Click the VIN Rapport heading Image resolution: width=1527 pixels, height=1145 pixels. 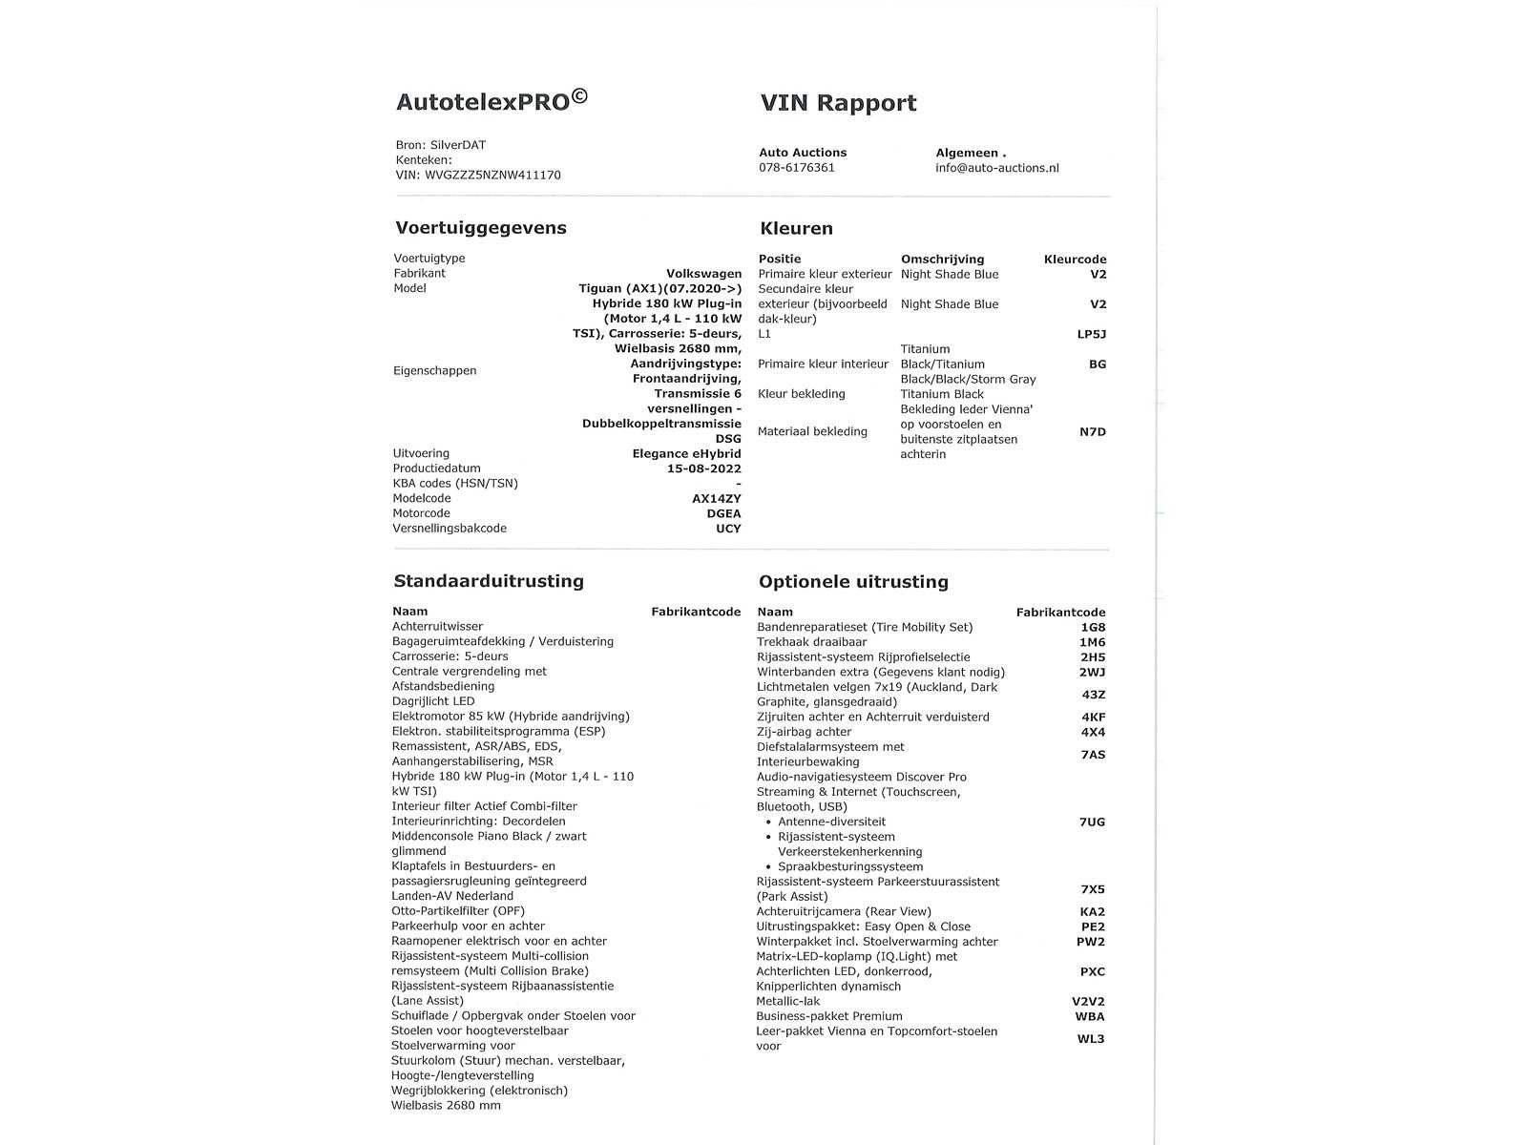click(x=838, y=103)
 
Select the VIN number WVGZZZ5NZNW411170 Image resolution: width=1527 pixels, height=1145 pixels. click(x=492, y=176)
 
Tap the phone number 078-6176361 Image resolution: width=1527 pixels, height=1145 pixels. click(x=797, y=168)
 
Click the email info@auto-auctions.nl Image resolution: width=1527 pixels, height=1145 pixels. click(x=996, y=168)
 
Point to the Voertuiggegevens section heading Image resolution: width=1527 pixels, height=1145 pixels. click(x=481, y=228)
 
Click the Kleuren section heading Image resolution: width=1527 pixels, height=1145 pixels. click(x=796, y=229)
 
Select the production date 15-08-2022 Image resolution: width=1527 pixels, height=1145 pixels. click(x=703, y=468)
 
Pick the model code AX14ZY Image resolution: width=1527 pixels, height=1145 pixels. click(x=716, y=499)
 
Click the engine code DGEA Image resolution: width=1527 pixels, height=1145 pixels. click(x=723, y=513)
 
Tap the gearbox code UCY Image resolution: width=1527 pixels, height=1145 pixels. click(x=728, y=529)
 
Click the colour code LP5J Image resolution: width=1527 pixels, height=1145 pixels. click(x=1091, y=334)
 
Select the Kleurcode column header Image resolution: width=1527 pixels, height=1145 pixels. click(x=1075, y=260)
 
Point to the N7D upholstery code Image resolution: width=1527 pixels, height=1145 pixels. click(x=1092, y=432)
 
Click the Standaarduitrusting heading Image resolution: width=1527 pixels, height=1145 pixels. click(x=488, y=581)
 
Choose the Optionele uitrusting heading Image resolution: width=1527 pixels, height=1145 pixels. click(x=853, y=582)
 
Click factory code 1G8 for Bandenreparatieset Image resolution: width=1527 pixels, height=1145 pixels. click(x=1093, y=628)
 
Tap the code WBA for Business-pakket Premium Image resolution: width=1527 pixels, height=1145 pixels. click(x=1090, y=1017)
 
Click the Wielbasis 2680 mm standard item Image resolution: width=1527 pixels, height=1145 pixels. click(x=446, y=1106)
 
